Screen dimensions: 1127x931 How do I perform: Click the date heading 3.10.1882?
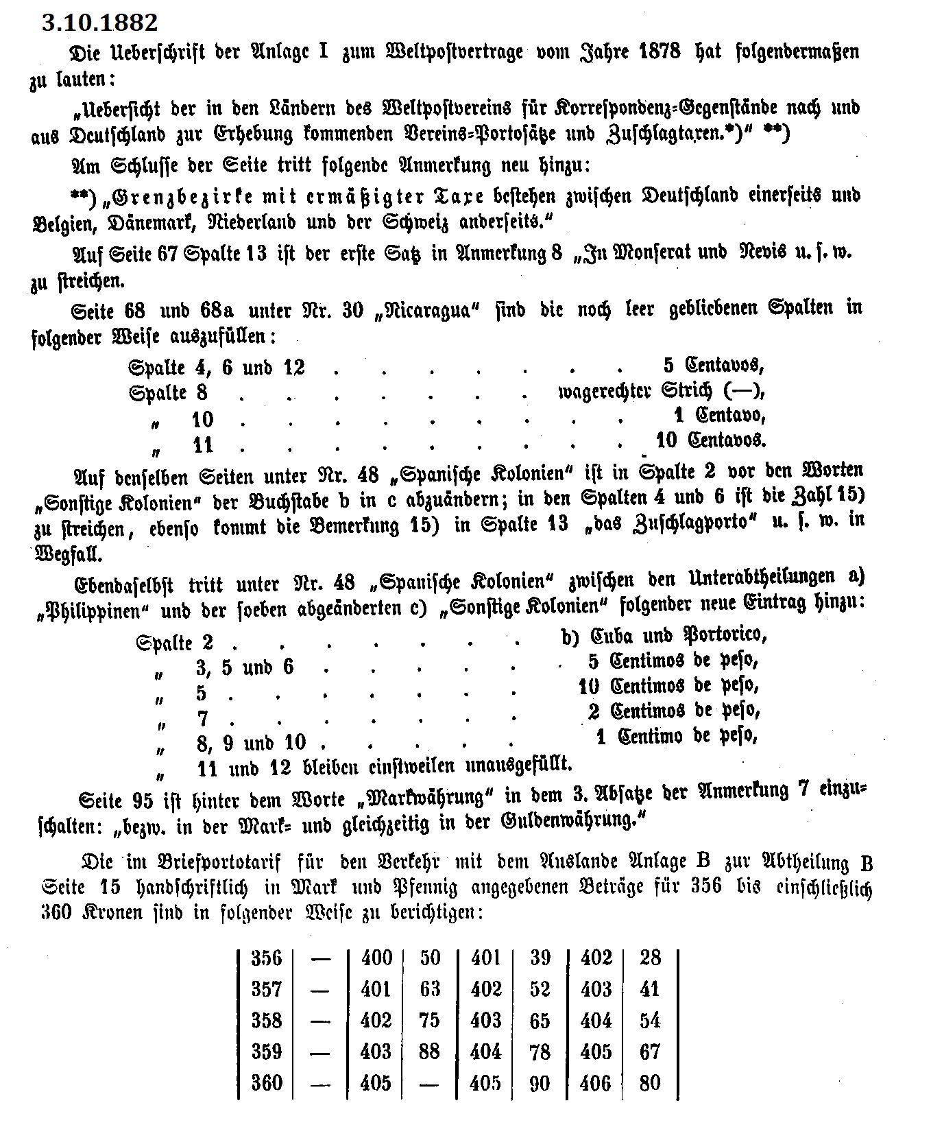[x=99, y=23]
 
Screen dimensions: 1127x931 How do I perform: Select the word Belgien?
[x=60, y=224]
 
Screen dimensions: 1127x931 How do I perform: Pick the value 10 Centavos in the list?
[x=710, y=439]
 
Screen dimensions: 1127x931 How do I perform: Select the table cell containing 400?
[x=376, y=958]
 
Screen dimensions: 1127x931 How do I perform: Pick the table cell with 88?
[x=429, y=1051]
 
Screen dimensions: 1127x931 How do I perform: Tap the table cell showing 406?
[x=595, y=1082]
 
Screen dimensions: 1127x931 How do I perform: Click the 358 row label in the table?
[x=266, y=1020]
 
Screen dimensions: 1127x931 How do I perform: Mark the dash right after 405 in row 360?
[x=429, y=1082]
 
